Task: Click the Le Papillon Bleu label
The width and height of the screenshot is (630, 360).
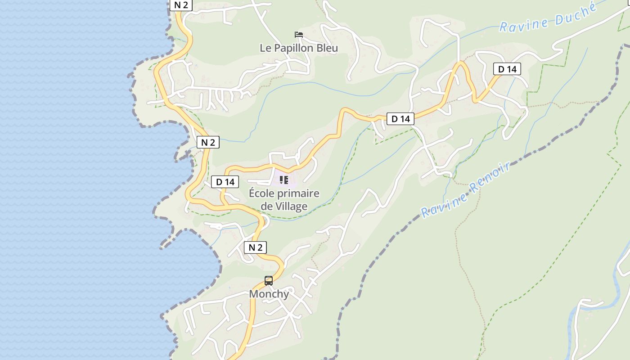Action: pos(299,48)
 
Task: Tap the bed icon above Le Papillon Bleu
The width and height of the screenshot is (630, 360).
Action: pos(298,35)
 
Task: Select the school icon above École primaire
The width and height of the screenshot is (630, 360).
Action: pos(284,180)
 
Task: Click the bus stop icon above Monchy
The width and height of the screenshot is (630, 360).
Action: pos(269,281)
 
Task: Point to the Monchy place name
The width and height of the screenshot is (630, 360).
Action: pos(269,294)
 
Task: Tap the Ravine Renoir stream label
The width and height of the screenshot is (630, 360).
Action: pos(466,190)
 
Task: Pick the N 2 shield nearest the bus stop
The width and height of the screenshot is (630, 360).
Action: pos(255,247)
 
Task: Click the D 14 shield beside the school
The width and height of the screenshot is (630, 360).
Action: pos(225,182)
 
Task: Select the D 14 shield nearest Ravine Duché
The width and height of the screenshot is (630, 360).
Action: pos(507,69)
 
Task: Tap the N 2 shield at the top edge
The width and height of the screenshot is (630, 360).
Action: pos(181,5)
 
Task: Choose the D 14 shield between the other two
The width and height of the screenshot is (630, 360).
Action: pos(400,119)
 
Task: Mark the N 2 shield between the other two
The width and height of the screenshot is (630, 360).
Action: pos(208,142)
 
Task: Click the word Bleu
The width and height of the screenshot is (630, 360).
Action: pos(327,48)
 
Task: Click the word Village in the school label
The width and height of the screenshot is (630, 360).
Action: pos(291,206)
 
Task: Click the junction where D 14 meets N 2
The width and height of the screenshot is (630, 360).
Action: pos(223,206)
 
